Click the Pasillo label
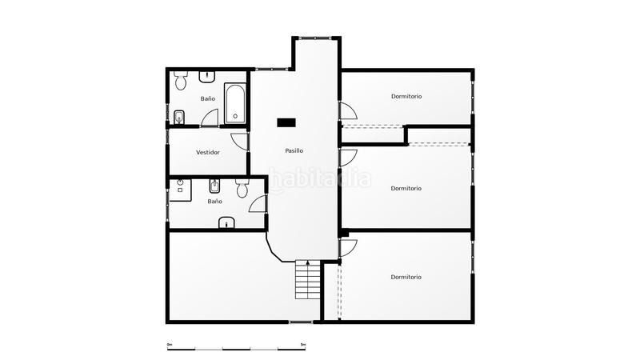pos(294,150)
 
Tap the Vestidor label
pos(208,152)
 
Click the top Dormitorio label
pos(406,96)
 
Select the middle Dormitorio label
pos(406,189)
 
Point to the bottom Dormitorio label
pos(406,277)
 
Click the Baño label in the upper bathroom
pos(208,98)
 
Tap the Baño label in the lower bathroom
pos(214,202)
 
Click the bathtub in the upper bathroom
pos(235,104)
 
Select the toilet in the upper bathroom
pos(181,81)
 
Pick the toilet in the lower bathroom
pos(242,190)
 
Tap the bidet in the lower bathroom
pos(214,187)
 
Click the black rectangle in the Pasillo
pos(286,122)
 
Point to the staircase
pos(307,280)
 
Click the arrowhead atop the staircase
pos(307,262)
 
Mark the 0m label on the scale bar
pos(170,345)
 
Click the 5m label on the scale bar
pos(302,345)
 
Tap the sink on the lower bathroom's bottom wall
pos(228,223)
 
